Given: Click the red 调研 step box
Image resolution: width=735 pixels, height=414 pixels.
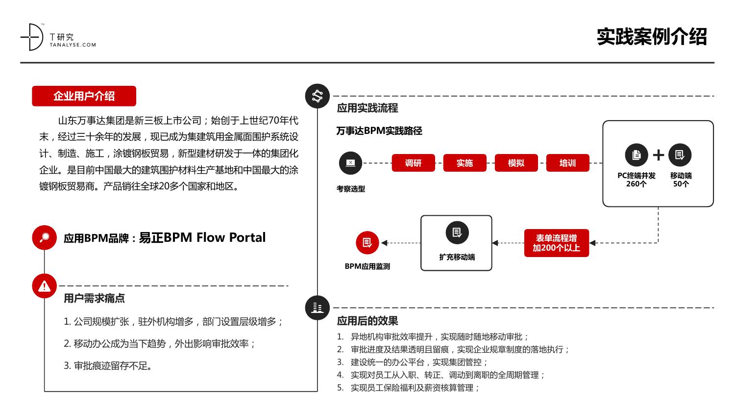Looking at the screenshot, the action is (413, 163).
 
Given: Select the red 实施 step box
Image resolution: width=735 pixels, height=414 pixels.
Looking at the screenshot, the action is (465, 163).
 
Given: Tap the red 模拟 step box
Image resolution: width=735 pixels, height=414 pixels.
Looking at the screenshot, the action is (516, 163).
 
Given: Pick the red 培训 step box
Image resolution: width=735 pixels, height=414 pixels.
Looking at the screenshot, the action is (567, 163).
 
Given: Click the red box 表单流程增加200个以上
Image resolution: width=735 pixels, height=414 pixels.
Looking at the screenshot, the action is (557, 243).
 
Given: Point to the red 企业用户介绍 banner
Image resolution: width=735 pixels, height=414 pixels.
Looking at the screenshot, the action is (84, 96).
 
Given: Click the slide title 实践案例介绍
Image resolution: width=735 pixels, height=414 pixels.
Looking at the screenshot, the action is (652, 36).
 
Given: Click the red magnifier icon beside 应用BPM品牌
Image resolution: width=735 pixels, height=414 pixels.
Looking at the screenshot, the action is (44, 237).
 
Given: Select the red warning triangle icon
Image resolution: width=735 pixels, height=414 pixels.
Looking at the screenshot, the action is (44, 286).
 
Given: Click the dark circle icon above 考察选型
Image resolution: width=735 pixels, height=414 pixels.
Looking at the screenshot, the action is (350, 163).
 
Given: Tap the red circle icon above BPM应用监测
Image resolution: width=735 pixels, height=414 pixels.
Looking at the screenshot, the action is (367, 243).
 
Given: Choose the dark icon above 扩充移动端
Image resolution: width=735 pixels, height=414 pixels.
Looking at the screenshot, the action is (457, 233).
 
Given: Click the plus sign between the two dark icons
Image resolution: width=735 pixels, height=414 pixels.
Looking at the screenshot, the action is (658, 155).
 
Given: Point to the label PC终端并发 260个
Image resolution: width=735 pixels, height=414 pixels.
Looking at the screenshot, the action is (636, 180).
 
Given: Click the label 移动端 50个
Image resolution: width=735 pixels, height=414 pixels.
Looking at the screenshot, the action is (681, 180).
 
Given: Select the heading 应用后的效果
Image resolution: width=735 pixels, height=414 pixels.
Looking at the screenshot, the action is (367, 321).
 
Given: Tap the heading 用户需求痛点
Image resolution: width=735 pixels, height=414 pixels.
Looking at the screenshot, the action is (94, 298).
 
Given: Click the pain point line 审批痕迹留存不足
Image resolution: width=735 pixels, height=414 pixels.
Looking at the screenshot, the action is (108, 366).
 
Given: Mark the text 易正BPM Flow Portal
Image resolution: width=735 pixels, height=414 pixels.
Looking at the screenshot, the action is (202, 237).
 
